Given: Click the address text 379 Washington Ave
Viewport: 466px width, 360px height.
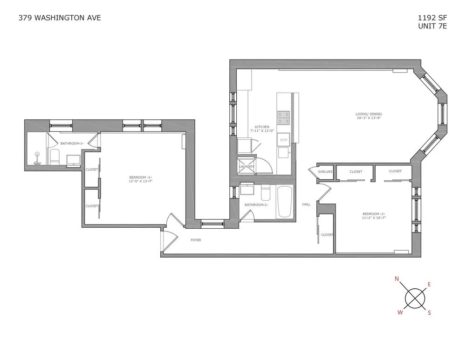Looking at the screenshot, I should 59,18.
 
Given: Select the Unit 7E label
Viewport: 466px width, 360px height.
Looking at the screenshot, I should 432,26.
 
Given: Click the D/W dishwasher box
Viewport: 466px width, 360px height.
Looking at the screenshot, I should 283,139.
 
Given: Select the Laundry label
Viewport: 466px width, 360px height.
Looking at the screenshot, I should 246,166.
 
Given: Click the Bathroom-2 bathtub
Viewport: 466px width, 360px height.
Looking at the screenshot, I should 284,202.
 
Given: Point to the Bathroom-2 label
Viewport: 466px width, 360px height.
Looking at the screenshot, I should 255,204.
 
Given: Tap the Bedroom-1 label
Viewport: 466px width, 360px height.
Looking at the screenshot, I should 141,179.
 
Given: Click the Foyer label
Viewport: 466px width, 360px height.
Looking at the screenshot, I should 196,240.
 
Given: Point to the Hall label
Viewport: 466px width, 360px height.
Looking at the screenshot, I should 306,204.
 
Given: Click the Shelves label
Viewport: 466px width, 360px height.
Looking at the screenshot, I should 325,171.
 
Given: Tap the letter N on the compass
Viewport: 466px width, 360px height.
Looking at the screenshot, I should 397,279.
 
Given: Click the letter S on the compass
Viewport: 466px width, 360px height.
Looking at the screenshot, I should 429,312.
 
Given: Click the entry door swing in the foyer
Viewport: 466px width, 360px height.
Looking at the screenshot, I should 169,239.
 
